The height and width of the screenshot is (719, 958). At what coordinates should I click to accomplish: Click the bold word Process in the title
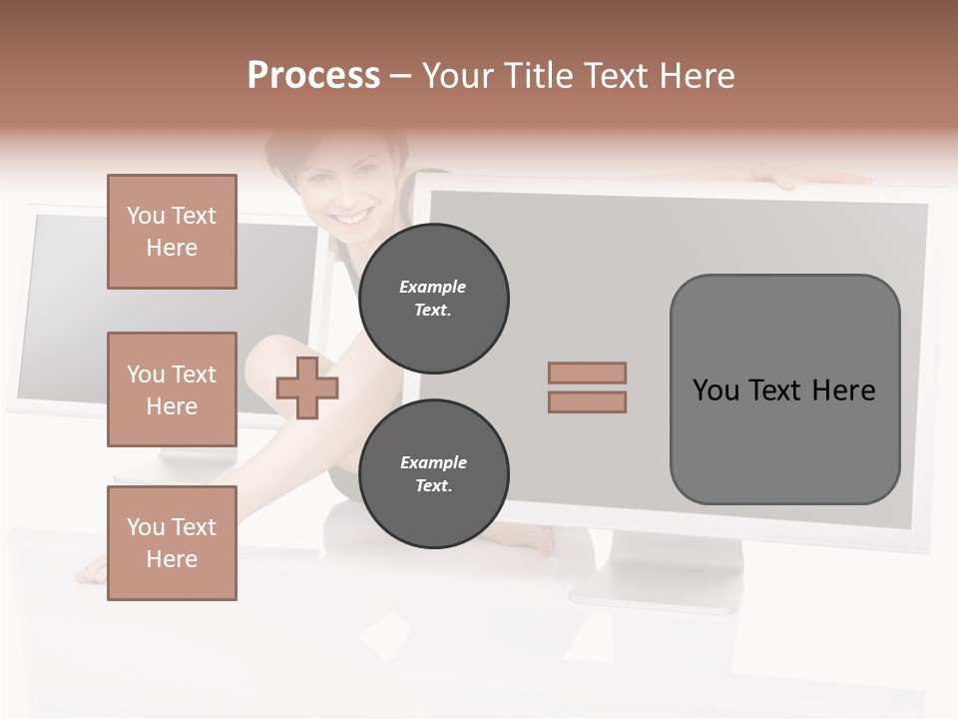coord(313,76)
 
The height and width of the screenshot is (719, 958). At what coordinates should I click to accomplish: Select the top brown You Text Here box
coord(172,232)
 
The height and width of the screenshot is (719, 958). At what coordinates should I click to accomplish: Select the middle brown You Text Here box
coord(172,389)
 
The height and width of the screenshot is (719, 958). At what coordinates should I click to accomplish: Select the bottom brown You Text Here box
coord(172,543)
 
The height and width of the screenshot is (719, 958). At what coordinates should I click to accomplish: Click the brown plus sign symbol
coord(307,387)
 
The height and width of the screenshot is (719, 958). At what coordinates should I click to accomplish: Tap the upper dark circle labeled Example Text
coord(433,298)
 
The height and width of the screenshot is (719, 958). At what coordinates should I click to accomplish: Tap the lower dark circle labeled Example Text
coord(433,473)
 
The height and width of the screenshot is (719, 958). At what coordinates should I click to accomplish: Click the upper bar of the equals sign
coord(587,372)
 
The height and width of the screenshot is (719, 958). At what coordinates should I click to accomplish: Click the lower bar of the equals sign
coord(587,401)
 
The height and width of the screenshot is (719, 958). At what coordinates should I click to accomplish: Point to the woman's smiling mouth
coord(351,216)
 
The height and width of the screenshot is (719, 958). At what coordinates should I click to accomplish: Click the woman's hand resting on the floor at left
coord(92,571)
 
